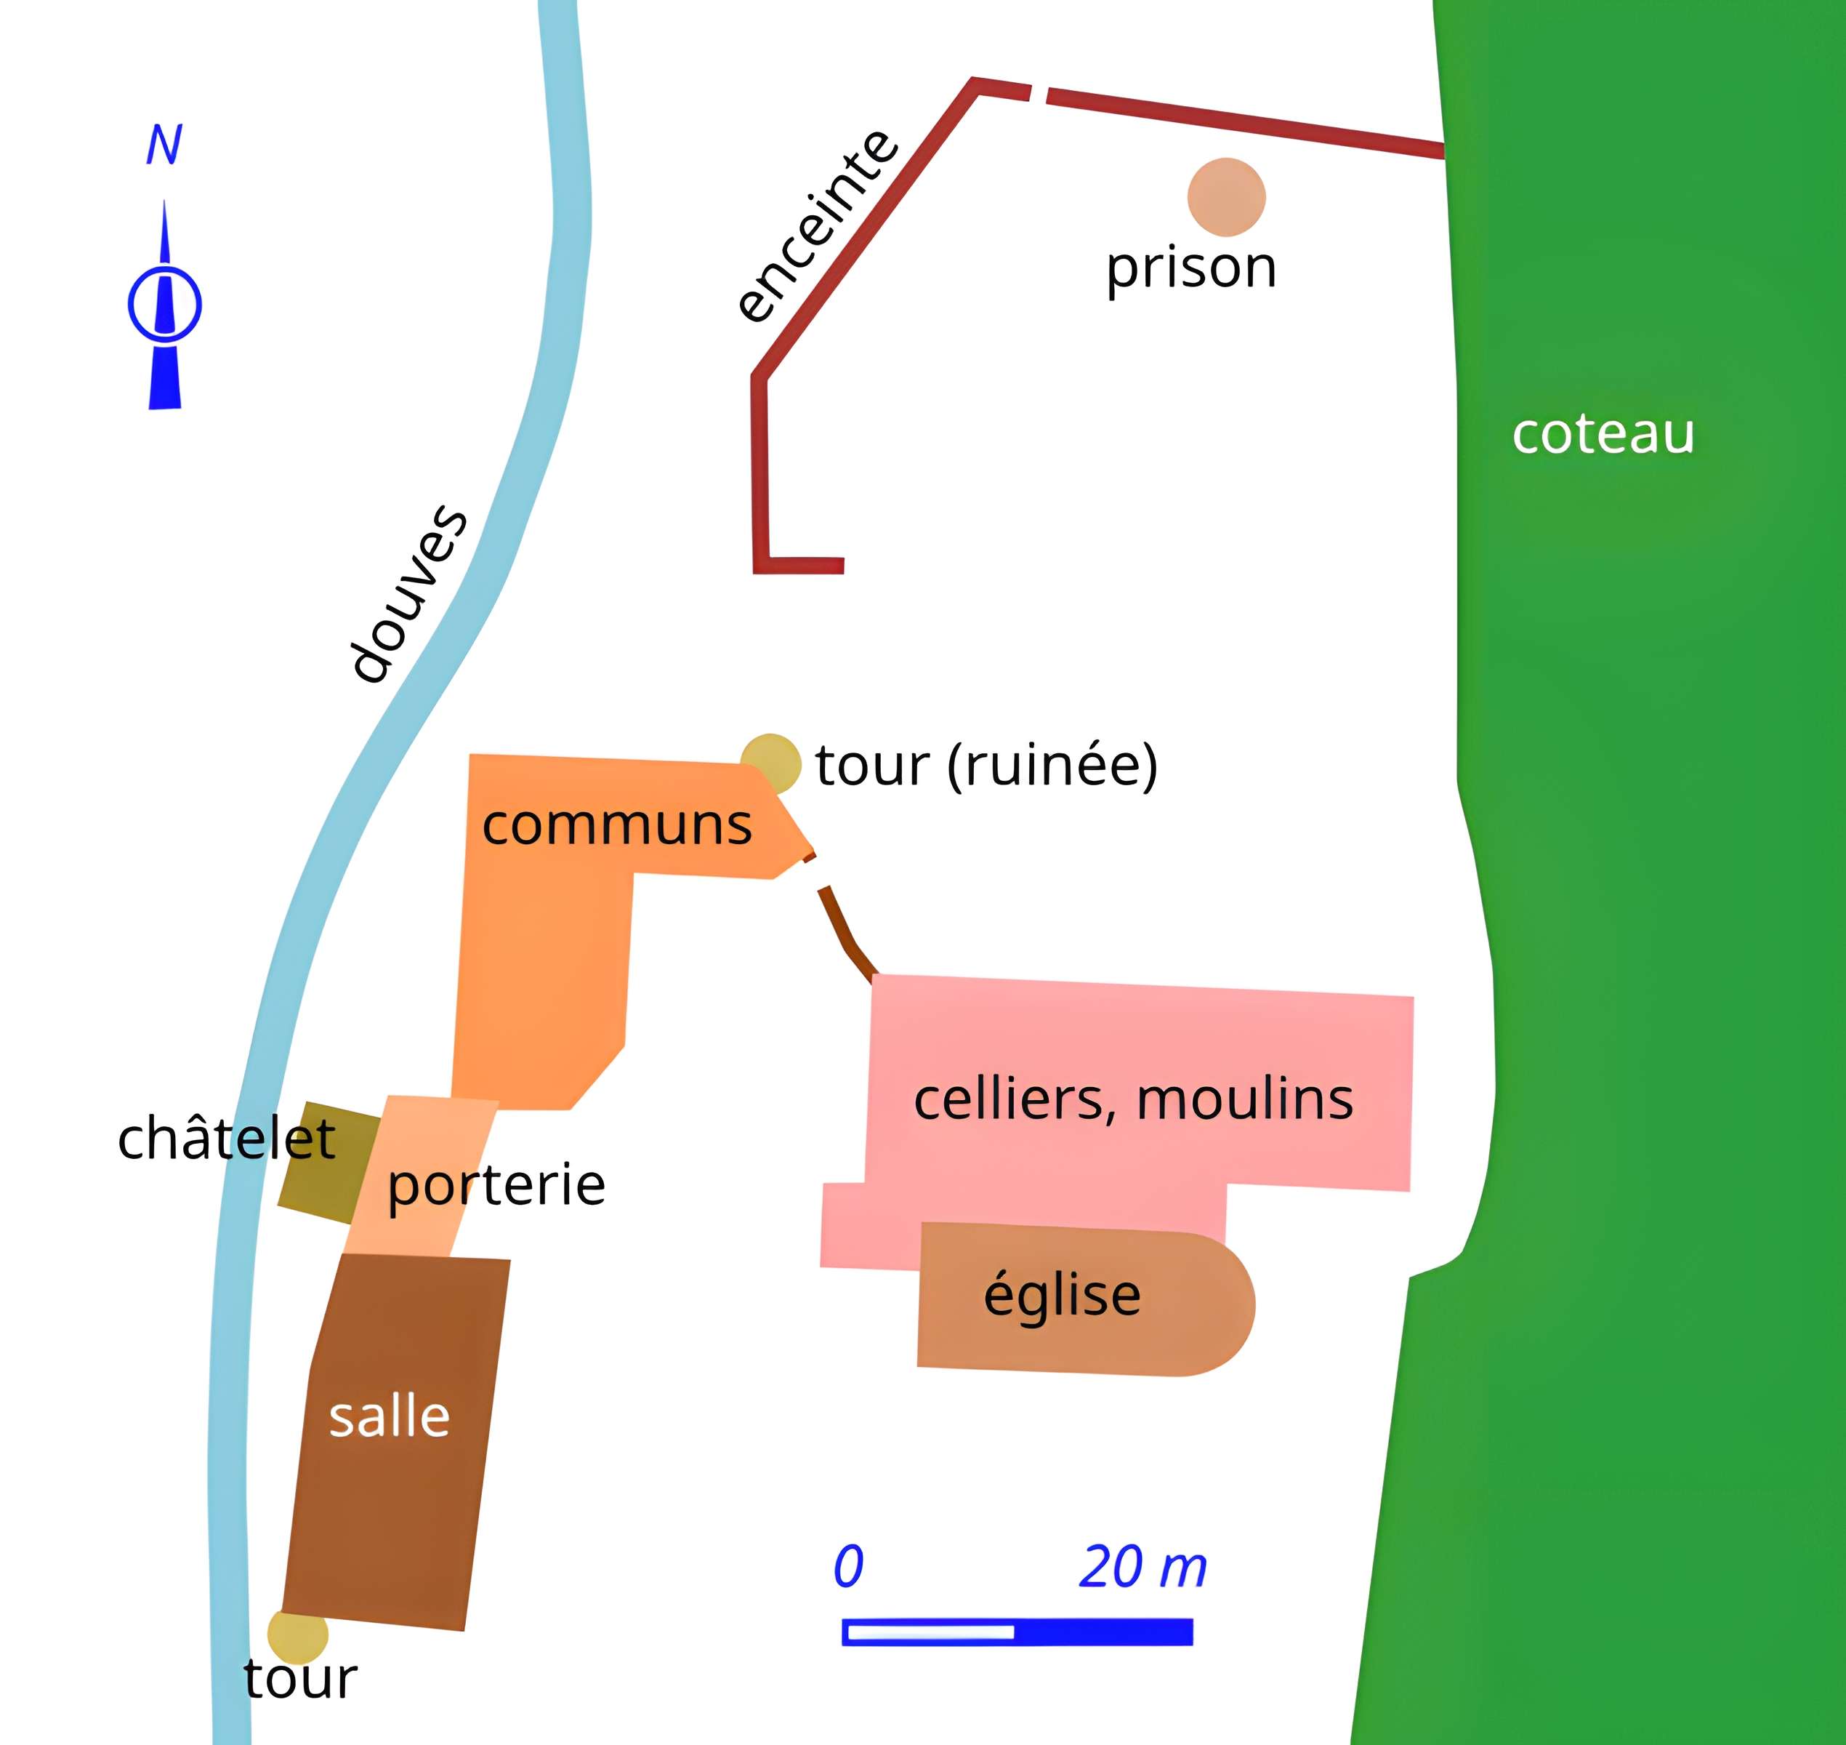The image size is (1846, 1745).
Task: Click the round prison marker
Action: click(x=1226, y=197)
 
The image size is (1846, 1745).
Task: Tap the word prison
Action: click(x=1190, y=268)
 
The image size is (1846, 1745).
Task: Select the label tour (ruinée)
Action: click(x=986, y=765)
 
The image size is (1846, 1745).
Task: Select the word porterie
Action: click(x=496, y=1184)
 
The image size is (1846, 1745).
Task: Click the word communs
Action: click(x=616, y=825)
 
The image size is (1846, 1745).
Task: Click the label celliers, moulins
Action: click(x=1133, y=1099)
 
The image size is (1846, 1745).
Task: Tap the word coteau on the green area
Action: click(x=1603, y=433)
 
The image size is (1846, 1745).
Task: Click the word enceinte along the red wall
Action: click(x=815, y=227)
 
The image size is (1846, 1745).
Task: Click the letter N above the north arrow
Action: click(x=164, y=145)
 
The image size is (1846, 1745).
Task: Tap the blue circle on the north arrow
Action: click(x=164, y=304)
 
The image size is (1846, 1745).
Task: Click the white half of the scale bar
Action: click(x=930, y=1632)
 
